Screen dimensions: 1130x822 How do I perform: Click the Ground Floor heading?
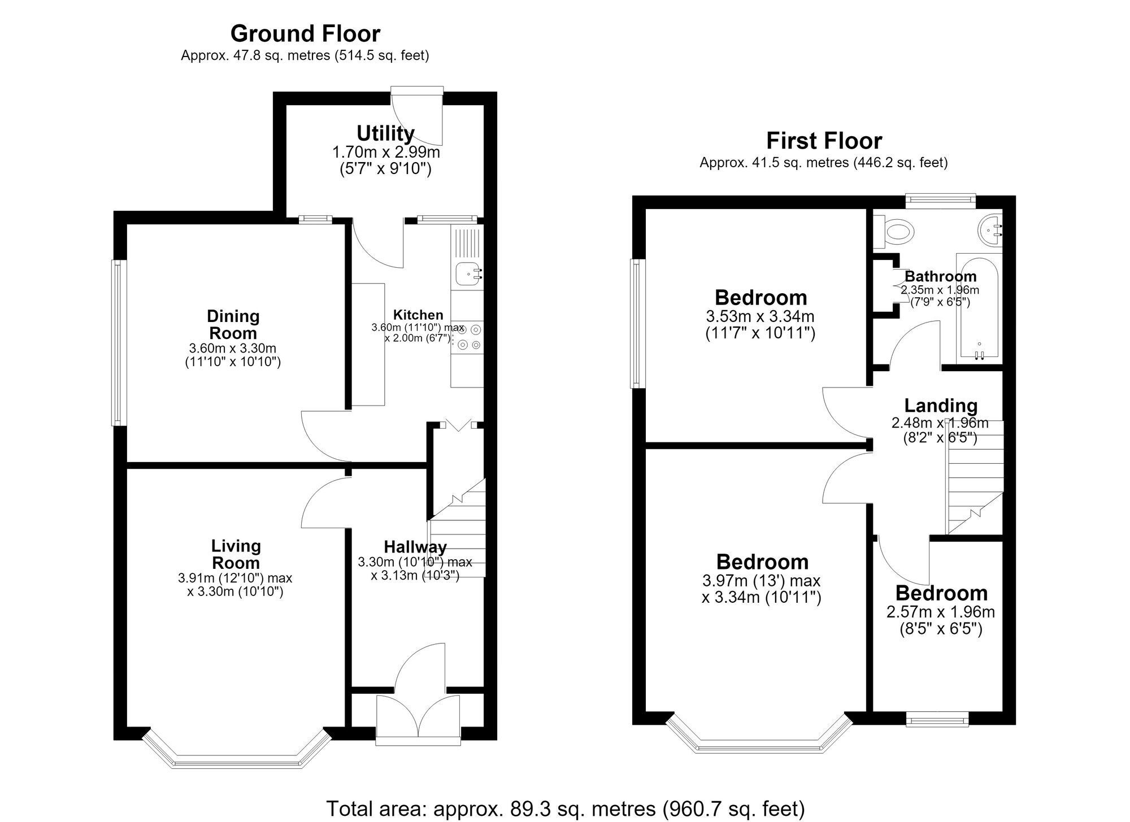point(305,34)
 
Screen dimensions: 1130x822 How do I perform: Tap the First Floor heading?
point(824,141)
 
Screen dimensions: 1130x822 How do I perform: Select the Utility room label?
point(385,134)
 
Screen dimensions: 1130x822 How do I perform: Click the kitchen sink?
point(468,274)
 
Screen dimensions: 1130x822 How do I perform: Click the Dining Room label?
point(233,324)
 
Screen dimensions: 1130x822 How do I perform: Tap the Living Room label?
point(236,554)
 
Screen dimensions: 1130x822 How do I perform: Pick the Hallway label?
point(415,547)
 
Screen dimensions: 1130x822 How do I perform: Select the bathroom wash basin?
point(990,230)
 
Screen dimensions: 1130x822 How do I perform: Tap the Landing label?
point(941,406)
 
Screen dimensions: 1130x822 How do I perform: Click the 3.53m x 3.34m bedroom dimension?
point(760,316)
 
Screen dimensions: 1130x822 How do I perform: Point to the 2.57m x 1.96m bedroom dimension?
point(941,612)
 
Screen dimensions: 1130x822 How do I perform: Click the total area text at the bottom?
point(565,808)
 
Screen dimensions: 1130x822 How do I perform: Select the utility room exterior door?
point(417,116)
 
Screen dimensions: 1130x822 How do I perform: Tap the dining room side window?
point(118,342)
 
